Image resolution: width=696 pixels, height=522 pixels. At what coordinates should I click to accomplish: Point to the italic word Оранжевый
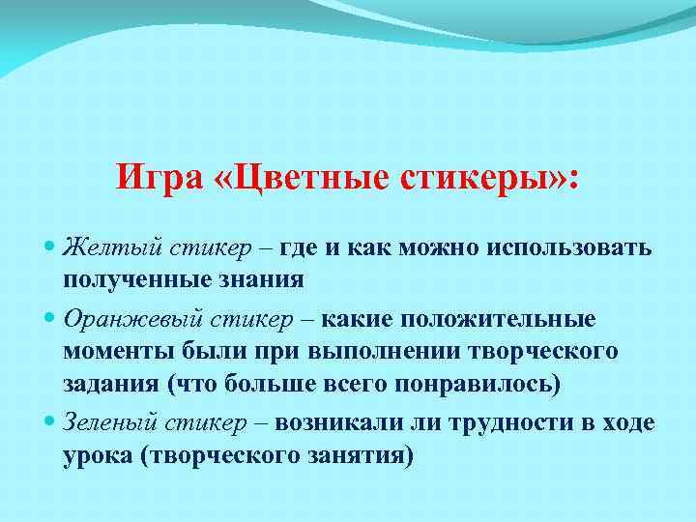pyautogui.click(x=122, y=318)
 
